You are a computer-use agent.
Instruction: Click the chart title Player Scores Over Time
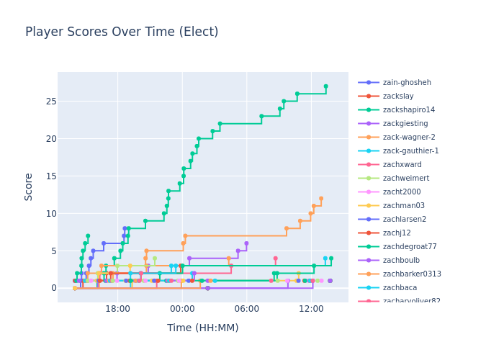click(122, 32)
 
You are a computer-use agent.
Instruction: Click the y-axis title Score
click(29, 186)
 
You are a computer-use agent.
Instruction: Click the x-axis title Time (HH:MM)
click(203, 328)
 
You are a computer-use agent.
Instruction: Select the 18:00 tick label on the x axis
click(117, 309)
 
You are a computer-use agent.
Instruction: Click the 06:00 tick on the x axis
click(246, 309)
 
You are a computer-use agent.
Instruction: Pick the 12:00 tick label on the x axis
click(311, 309)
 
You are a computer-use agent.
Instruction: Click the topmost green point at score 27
click(325, 86)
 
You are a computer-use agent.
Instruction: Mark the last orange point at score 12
click(321, 199)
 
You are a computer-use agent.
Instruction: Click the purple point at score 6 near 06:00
click(246, 243)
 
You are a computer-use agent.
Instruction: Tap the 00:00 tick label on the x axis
click(182, 309)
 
